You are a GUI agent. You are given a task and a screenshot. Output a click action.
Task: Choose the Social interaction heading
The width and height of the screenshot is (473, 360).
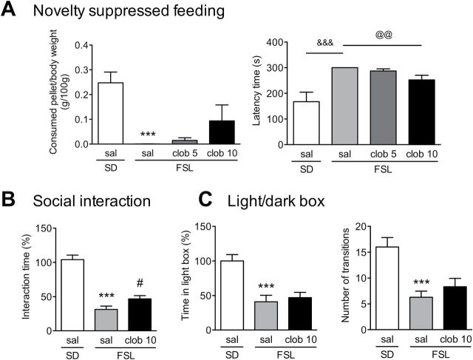click(106, 201)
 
